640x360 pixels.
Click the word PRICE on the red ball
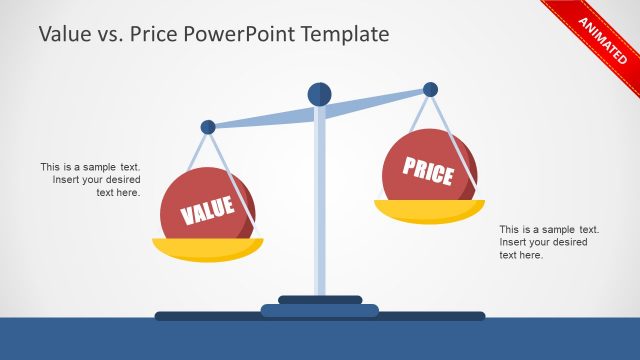[428, 170]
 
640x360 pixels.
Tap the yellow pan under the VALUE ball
[207, 249]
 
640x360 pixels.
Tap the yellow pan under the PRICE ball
[429, 211]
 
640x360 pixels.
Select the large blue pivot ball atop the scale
[319, 94]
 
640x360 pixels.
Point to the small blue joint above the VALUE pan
[208, 127]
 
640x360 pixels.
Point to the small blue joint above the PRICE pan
[430, 89]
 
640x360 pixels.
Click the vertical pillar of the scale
[319, 200]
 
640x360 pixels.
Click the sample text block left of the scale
[91, 179]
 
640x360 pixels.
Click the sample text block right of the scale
[549, 242]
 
